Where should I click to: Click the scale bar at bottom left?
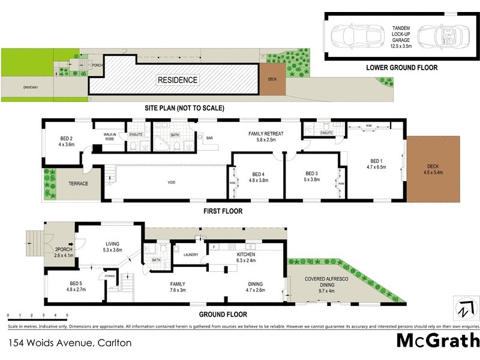point(37,314)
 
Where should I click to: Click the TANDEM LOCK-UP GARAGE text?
point(401,34)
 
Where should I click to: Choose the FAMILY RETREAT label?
point(266,136)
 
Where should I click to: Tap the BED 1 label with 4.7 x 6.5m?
point(376,165)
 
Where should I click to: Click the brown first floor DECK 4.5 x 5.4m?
point(433,170)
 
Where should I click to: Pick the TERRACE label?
point(77,184)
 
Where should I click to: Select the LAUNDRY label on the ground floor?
point(191,254)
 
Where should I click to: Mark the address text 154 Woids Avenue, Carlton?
point(69,343)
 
